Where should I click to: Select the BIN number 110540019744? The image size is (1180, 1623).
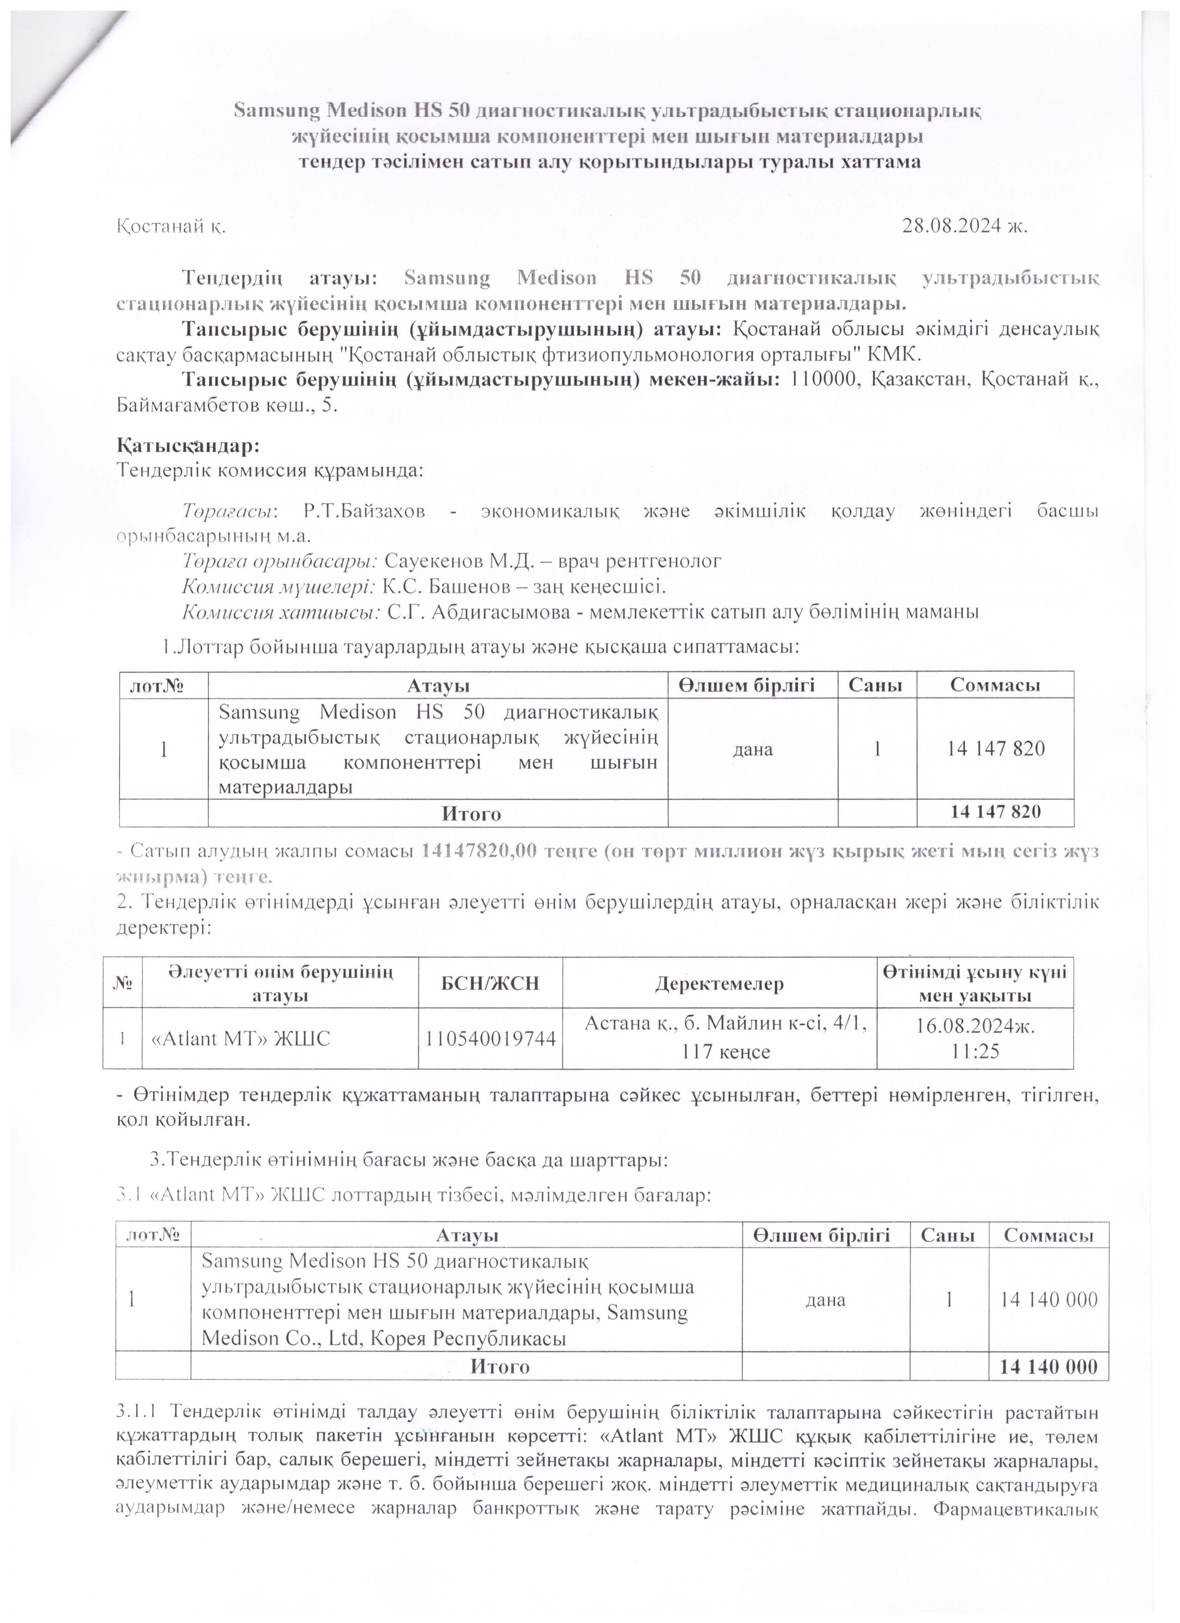pos(490,1039)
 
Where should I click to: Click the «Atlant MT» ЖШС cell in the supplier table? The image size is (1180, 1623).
pos(238,1039)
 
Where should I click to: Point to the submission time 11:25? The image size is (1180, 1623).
pos(975,1050)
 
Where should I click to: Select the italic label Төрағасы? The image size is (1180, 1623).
pos(228,512)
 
